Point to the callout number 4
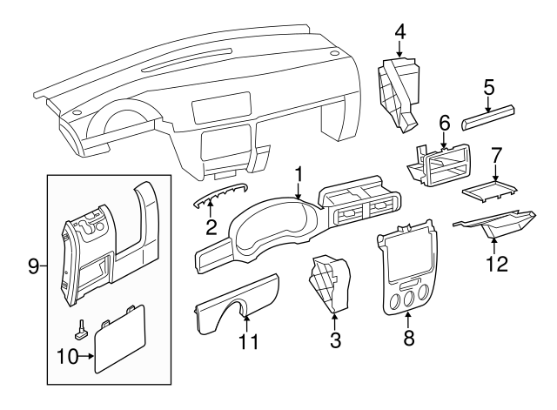[399, 32]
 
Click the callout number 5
[489, 87]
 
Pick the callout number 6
[444, 124]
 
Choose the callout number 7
[496, 157]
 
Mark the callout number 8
[408, 338]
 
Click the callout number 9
[32, 265]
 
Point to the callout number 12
[497, 262]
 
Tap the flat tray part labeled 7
[491, 188]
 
